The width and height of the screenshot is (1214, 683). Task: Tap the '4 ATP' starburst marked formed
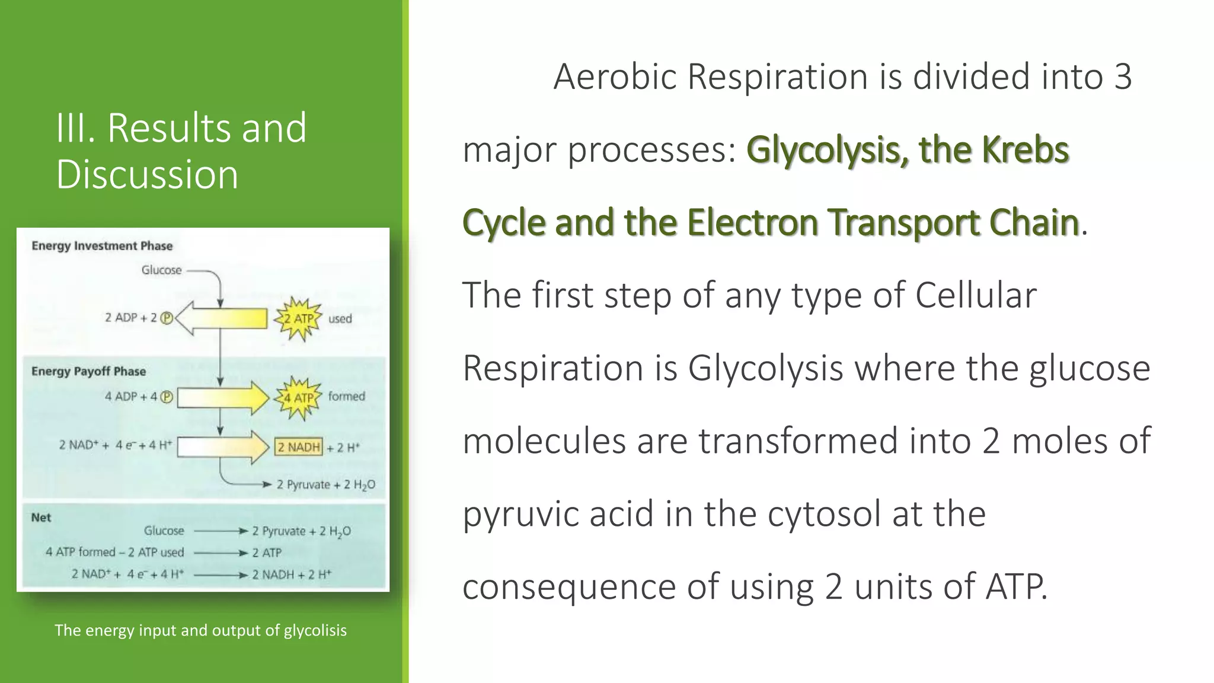coord(298,397)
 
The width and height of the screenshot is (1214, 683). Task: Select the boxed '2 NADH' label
coord(299,447)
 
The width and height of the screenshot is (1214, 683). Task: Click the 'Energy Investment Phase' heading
coord(102,246)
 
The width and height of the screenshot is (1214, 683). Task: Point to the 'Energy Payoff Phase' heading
coord(88,372)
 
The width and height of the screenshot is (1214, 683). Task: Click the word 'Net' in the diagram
coord(41,518)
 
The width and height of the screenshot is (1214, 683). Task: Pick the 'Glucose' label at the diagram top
coord(161,270)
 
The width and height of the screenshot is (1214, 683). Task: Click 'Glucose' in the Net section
coord(164,531)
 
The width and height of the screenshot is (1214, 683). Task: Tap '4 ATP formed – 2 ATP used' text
coord(115,553)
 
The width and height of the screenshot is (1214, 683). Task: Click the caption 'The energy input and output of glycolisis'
coord(200,630)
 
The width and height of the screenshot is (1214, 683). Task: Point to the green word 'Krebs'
coord(1025,149)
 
